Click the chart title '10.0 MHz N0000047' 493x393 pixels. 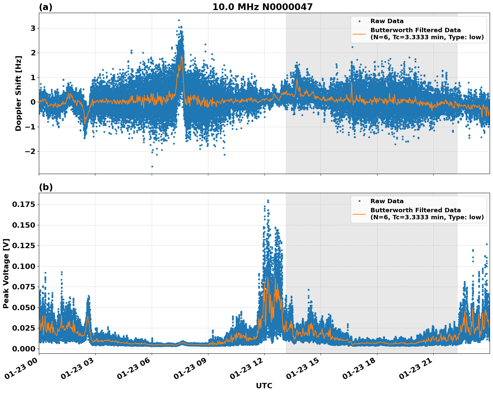(262, 7)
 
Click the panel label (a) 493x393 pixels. (46, 7)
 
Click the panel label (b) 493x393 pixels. (46, 187)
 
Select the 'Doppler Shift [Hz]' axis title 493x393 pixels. (18, 93)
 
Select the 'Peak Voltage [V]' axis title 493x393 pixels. (6, 273)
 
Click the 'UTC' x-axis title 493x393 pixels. (264, 386)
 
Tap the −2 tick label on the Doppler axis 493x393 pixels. (30, 151)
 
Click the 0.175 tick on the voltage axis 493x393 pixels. (23, 204)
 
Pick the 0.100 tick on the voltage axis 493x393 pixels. (23, 266)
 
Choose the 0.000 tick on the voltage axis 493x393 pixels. (23, 349)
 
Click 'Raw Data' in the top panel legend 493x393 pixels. (387, 21)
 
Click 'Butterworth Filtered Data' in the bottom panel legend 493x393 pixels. (415, 210)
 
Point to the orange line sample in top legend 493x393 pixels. (359, 34)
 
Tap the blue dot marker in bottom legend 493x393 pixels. (359, 201)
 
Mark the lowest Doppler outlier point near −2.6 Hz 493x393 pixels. (152, 166)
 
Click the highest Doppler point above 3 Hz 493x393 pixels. (179, 20)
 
